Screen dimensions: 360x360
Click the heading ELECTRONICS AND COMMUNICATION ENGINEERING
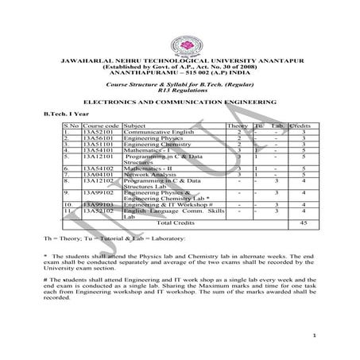pos(180,103)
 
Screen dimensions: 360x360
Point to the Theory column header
pos(238,126)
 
